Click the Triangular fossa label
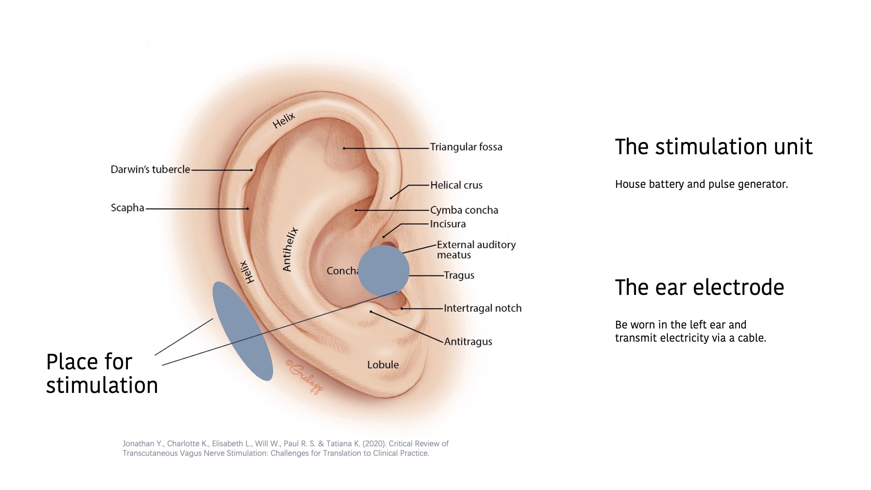point(466,147)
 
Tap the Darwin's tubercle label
point(150,169)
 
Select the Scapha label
point(127,208)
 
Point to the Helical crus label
point(456,185)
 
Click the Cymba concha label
point(464,210)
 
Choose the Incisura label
point(448,224)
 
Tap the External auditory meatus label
point(476,250)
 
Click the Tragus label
point(459,275)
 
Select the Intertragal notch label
point(482,308)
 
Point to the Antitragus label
point(468,342)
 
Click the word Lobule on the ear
point(383,365)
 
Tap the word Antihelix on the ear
point(290,249)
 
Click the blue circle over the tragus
point(384,271)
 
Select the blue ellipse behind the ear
point(243,331)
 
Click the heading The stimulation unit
point(713,147)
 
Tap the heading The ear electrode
point(699,288)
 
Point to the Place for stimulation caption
point(102,373)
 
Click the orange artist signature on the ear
point(305,376)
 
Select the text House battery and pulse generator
point(701,184)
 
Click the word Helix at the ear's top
point(284,120)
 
